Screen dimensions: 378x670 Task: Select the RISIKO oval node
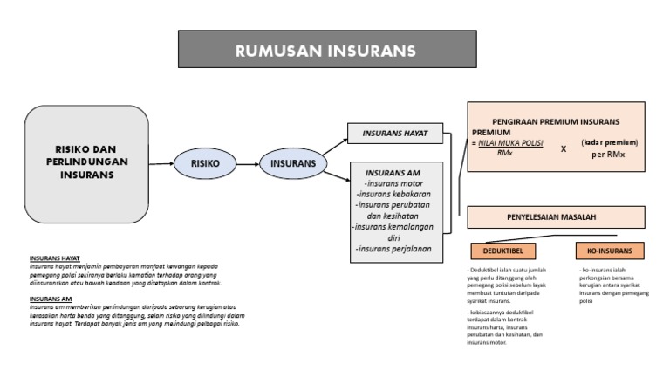pyautogui.click(x=207, y=162)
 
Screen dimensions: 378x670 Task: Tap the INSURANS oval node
pyautogui.click(x=293, y=162)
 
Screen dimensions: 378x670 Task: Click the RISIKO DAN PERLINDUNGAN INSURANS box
pyautogui.click(x=86, y=162)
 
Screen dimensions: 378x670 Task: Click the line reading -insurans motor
pyautogui.click(x=393, y=183)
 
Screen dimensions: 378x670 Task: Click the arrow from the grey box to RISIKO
pyautogui.click(x=161, y=162)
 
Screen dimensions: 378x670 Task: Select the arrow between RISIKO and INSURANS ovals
pyautogui.click(x=249, y=162)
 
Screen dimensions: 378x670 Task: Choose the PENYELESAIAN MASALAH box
pyautogui.click(x=557, y=216)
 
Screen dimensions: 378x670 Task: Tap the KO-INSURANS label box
pyautogui.click(x=610, y=251)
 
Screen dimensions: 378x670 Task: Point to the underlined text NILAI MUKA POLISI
pyautogui.click(x=509, y=141)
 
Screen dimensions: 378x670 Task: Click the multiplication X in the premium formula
pyautogui.click(x=564, y=148)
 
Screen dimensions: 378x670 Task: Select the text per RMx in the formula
pyautogui.click(x=610, y=155)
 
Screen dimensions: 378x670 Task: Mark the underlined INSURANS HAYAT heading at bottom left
pyautogui.click(x=54, y=259)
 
